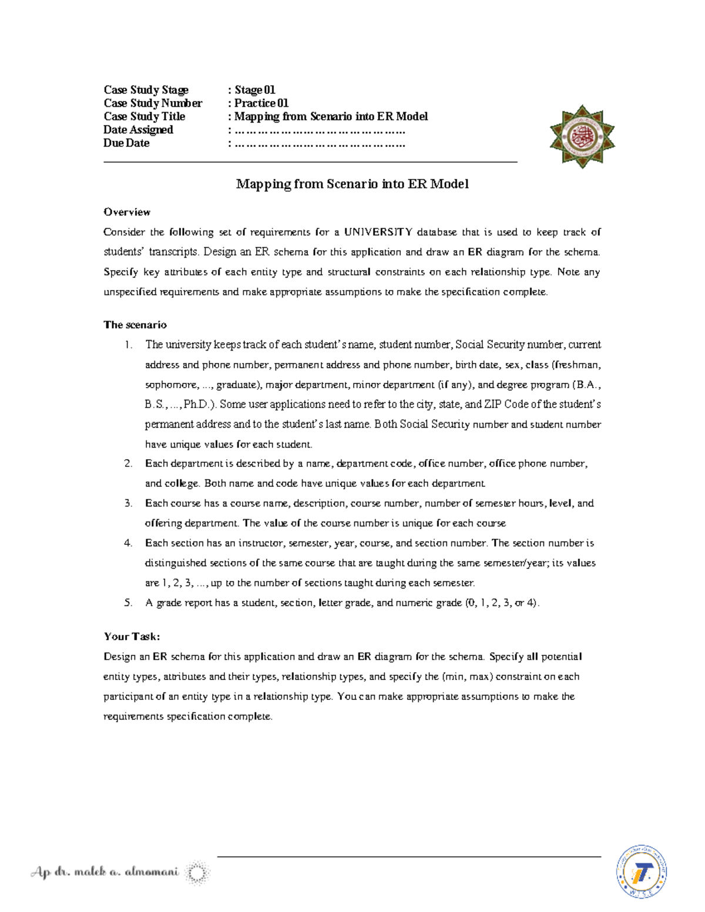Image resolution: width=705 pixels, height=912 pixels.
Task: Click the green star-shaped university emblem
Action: click(x=582, y=136)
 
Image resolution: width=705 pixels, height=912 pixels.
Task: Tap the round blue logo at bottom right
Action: click(x=641, y=871)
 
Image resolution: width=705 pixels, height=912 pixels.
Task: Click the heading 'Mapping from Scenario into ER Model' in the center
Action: click(x=352, y=184)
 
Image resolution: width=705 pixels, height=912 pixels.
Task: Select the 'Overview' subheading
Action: click(x=127, y=212)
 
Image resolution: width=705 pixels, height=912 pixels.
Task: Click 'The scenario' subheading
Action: click(x=135, y=325)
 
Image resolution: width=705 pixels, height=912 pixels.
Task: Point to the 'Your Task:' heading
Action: click(x=132, y=637)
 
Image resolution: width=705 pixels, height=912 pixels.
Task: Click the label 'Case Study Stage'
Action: click(x=146, y=90)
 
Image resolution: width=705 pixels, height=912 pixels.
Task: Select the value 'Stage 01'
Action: click(x=255, y=90)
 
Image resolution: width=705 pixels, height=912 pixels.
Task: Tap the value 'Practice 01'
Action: click(x=261, y=103)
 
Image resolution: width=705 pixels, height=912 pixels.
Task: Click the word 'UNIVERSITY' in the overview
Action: click(x=378, y=232)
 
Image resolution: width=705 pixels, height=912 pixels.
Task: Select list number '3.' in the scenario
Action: click(x=128, y=503)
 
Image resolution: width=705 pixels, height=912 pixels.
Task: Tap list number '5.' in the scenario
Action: click(x=128, y=603)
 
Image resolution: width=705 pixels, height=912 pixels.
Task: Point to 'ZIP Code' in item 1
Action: click(x=505, y=405)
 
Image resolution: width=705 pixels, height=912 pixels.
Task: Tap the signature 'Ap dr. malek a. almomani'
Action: click(x=105, y=873)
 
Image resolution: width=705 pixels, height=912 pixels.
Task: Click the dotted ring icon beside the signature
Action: click(x=197, y=873)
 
